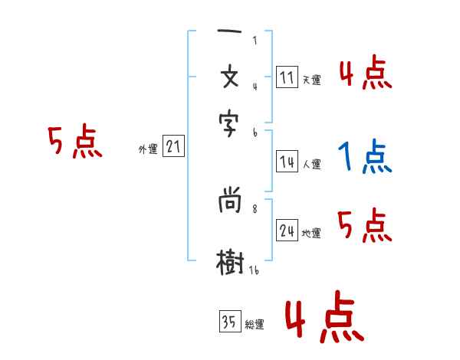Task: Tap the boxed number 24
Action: coord(287,231)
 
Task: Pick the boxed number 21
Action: coord(174,147)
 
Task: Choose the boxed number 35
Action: coord(229,322)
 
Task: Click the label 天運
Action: coord(311,80)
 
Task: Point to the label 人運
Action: coord(311,163)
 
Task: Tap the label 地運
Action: coord(311,234)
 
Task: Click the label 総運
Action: coord(255,325)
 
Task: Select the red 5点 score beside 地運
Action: coord(365,226)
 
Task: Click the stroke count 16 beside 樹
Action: coord(253,269)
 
